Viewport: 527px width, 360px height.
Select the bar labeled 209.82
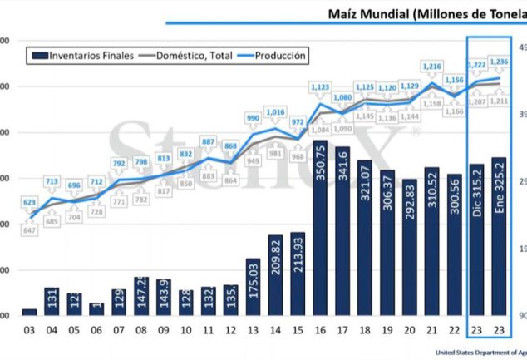(275, 274)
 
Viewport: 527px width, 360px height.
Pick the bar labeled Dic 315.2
(477, 239)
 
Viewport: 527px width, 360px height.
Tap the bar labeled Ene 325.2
(500, 236)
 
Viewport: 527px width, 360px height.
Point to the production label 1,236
(500, 62)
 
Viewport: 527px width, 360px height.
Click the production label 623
(29, 202)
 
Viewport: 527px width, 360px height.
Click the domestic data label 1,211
(500, 101)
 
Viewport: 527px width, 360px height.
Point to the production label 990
(253, 119)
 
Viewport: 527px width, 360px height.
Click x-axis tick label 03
(29, 329)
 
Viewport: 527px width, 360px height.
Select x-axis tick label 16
(320, 329)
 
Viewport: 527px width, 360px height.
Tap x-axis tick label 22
(455, 329)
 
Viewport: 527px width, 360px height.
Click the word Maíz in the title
(345, 14)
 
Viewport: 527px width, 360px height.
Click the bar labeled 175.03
(253, 286)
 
